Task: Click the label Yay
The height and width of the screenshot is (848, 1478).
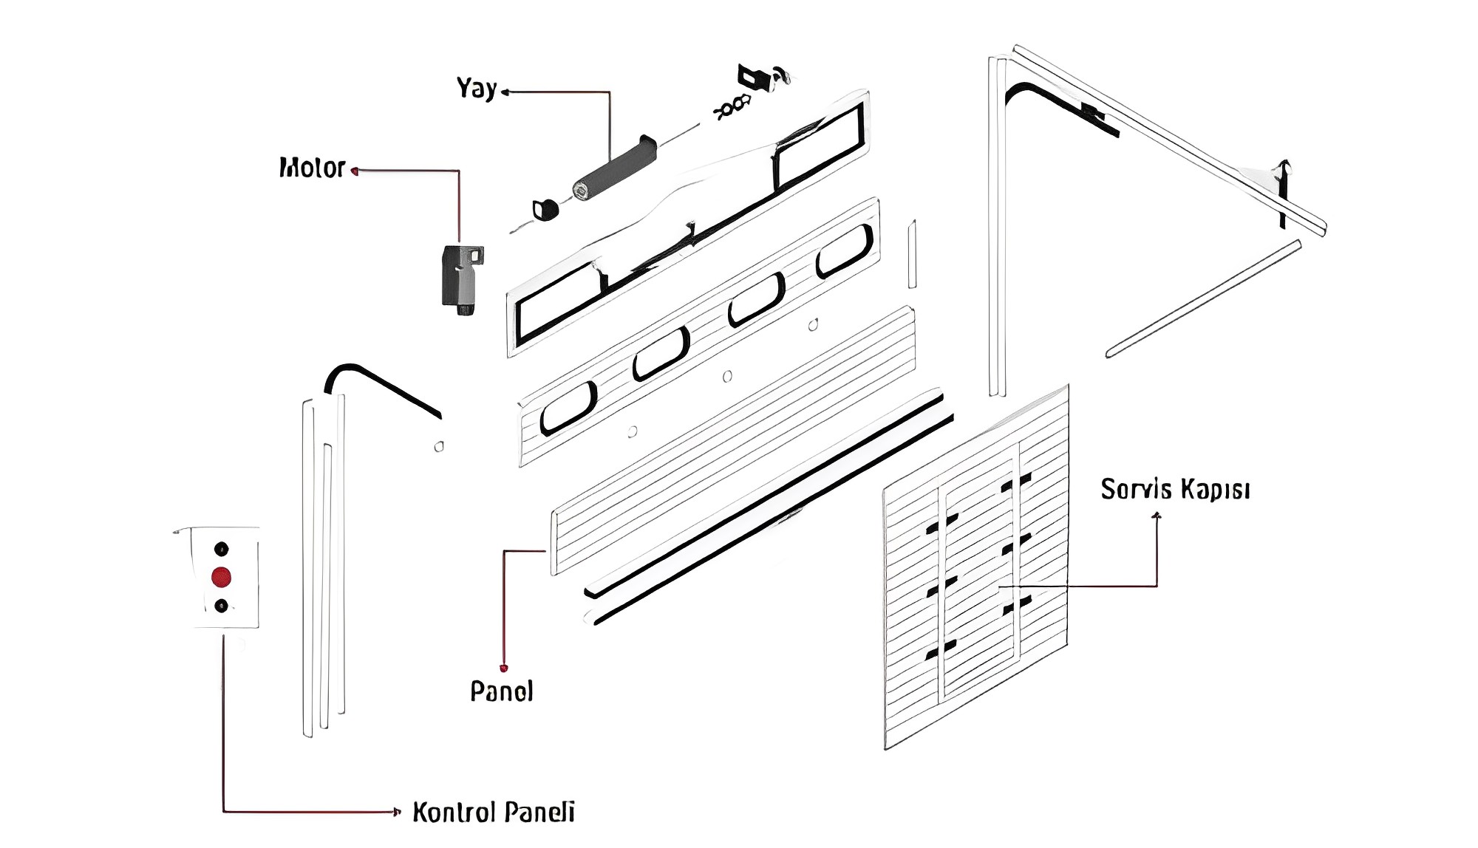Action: (x=477, y=89)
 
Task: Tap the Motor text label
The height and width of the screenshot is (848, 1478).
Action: (x=312, y=168)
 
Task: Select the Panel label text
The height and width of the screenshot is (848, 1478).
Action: (x=501, y=691)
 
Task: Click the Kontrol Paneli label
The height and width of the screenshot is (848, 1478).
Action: (x=493, y=812)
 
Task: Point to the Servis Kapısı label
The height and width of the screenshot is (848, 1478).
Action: (x=1175, y=489)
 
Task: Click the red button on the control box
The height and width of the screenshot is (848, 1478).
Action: (x=221, y=577)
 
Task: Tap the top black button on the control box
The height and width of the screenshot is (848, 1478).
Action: (x=221, y=549)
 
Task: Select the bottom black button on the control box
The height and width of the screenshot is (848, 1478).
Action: (x=221, y=606)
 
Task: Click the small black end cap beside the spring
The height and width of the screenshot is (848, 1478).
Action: (x=545, y=209)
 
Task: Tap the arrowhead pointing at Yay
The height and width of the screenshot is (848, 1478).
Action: (x=505, y=92)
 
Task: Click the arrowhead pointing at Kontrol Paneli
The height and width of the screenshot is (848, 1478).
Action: (x=397, y=812)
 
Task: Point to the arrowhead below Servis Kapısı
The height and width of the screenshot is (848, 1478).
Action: (x=1157, y=516)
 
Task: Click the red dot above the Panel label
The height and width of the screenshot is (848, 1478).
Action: (x=504, y=669)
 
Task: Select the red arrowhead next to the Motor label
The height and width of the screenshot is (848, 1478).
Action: (x=355, y=171)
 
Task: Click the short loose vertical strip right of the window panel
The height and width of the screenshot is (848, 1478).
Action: (x=913, y=253)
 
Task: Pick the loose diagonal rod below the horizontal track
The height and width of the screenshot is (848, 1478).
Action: (x=1203, y=298)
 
